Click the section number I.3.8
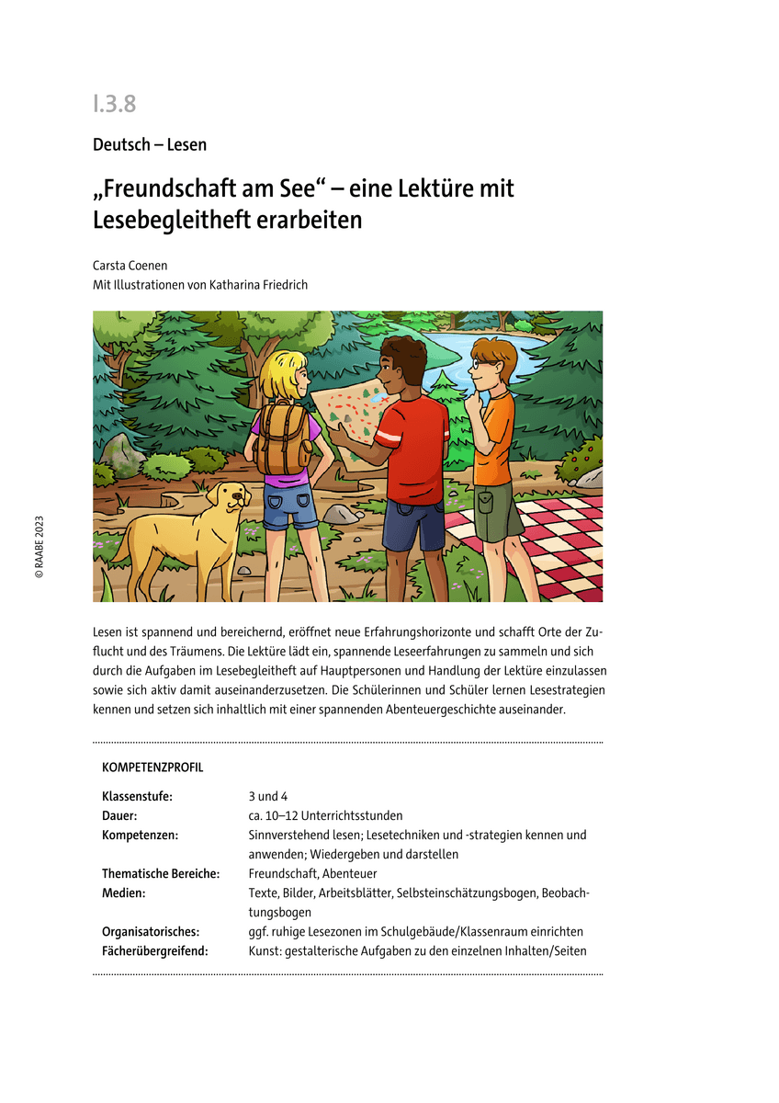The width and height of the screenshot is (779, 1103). click(x=114, y=104)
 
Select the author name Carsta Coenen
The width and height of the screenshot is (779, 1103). click(x=130, y=265)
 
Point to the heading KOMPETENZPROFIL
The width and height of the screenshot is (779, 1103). click(x=152, y=767)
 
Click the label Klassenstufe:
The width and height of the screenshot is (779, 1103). click(x=137, y=796)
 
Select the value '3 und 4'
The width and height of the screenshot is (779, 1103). click(x=268, y=796)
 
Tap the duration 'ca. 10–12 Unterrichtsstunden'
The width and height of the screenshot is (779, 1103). click(x=325, y=815)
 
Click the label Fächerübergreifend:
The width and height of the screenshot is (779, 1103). click(x=154, y=951)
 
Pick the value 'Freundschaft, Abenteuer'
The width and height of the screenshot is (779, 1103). click(x=312, y=874)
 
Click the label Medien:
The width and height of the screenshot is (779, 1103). click(x=124, y=893)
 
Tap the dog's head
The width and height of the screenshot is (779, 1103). click(x=230, y=498)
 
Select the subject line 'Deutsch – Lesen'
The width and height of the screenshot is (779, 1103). click(x=149, y=144)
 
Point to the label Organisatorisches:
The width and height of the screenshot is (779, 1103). click(x=151, y=932)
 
